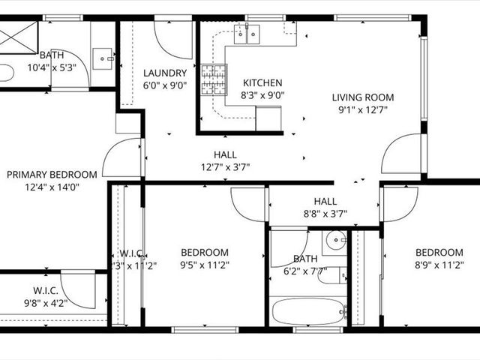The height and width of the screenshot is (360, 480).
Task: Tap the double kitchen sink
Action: pyautogui.click(x=247, y=33)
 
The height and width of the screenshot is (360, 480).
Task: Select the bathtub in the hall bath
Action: pyautogui.click(x=307, y=310)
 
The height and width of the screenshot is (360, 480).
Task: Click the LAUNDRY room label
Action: pyautogui.click(x=164, y=73)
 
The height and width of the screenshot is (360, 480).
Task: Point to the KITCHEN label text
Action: pyautogui.click(x=262, y=82)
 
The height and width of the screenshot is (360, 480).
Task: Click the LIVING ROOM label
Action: pyautogui.click(x=364, y=97)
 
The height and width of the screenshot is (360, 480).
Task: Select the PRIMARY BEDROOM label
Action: pyautogui.click(x=52, y=175)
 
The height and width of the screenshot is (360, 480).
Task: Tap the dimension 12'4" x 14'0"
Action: pyautogui.click(x=52, y=187)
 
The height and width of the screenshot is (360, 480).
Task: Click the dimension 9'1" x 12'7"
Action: pyautogui.click(x=364, y=110)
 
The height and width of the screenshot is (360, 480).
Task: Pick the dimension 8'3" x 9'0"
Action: pyautogui.click(x=262, y=95)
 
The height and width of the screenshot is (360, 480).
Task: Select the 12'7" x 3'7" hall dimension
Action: pyautogui.click(x=225, y=166)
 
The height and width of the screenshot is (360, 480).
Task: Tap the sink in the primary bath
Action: pyautogui.click(x=104, y=55)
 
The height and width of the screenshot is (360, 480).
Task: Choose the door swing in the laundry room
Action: pyautogui.click(x=172, y=37)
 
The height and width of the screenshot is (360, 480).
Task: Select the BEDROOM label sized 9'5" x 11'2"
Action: pyautogui.click(x=205, y=252)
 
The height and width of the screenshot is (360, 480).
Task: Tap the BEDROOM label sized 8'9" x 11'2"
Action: pyautogui.click(x=439, y=252)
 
